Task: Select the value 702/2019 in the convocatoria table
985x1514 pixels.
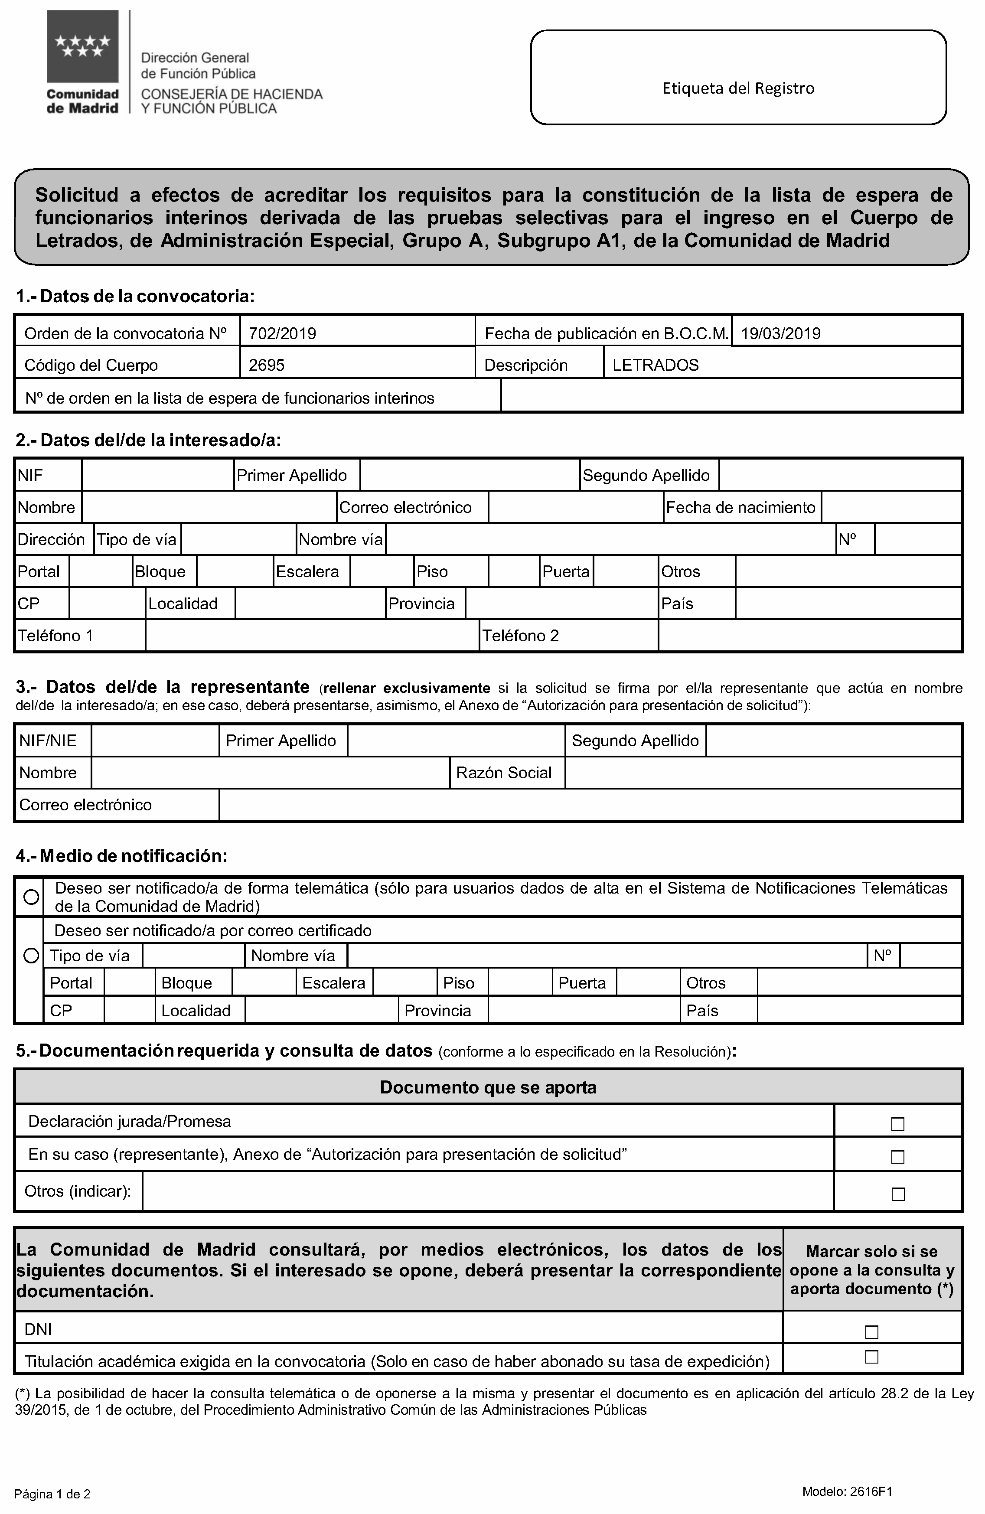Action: point(283,333)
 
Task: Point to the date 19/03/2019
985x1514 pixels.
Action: point(781,333)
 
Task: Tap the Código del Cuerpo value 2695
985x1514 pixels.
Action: point(267,365)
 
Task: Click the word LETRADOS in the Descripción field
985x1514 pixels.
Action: point(656,365)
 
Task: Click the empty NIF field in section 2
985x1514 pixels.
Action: point(157,475)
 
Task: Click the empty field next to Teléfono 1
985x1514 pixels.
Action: point(312,636)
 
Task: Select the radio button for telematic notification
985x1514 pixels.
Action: point(30,897)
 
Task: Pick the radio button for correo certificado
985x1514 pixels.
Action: point(30,956)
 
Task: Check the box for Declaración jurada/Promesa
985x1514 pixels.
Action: point(897,1124)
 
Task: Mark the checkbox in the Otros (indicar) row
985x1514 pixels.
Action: point(897,1194)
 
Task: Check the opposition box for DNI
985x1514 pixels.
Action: point(871,1331)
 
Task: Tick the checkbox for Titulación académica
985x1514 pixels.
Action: point(871,1357)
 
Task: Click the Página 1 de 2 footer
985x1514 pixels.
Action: point(52,1494)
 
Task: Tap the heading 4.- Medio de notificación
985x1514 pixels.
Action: point(121,856)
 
